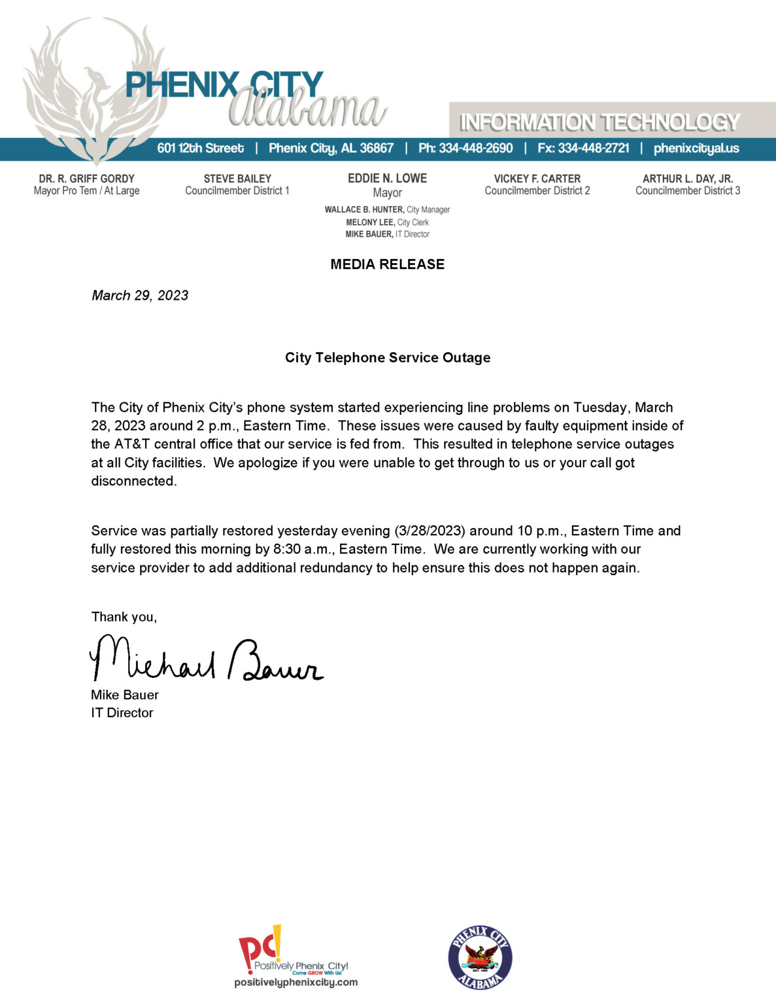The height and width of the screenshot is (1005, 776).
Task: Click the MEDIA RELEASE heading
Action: (387, 264)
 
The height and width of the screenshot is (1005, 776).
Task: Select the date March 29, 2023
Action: (140, 296)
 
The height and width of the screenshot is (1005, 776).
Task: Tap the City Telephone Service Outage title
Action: (387, 358)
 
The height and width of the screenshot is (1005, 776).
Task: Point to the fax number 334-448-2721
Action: (593, 149)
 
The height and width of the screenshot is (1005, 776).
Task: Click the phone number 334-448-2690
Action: (476, 149)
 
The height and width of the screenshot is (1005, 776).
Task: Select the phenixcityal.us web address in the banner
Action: (696, 149)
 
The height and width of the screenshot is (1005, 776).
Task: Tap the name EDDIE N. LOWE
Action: (387, 178)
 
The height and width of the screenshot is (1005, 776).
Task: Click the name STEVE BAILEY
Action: (237, 179)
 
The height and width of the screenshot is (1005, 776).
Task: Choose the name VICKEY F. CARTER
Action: (537, 179)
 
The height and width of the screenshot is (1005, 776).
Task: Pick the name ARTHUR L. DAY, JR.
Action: (688, 179)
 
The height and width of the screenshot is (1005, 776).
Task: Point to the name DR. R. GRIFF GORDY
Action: (86, 179)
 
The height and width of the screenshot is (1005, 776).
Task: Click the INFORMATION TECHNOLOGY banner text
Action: (599, 122)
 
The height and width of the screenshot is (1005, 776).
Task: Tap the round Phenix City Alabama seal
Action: (481, 958)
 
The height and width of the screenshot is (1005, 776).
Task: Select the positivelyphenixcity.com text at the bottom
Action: (296, 982)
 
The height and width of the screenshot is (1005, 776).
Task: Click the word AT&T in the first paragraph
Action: (131, 444)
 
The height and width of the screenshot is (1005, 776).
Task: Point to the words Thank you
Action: (124, 617)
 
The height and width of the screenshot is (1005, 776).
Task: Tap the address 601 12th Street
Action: (200, 149)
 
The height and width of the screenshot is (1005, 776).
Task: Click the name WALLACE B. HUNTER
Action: (364, 210)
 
